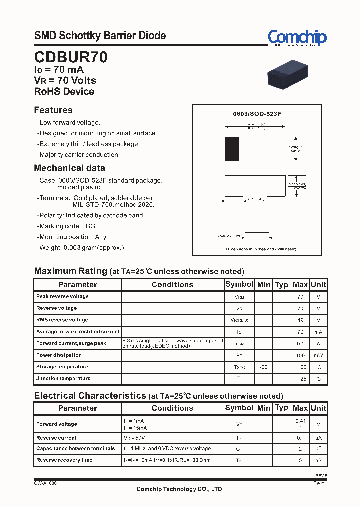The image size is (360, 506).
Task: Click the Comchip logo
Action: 297,38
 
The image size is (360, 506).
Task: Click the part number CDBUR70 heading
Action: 70,57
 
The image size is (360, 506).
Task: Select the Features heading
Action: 53,110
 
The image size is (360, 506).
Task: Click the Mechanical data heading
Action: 69,168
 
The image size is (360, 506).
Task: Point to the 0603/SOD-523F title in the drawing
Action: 257,114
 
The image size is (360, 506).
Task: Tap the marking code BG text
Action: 90,226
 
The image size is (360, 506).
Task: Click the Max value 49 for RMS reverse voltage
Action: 300,320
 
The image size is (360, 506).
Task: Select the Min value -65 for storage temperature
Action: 263,367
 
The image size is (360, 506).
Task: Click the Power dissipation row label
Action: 59,355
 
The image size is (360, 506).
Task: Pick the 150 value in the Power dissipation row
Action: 300,356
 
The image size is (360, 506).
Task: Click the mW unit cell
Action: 318,356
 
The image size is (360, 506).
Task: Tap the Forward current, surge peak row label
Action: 71,343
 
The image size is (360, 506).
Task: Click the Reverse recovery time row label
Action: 64,460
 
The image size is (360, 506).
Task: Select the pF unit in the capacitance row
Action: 318,449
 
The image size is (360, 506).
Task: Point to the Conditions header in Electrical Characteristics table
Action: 172,408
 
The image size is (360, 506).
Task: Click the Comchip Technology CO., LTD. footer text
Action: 180,489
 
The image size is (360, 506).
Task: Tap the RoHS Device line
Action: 64,91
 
